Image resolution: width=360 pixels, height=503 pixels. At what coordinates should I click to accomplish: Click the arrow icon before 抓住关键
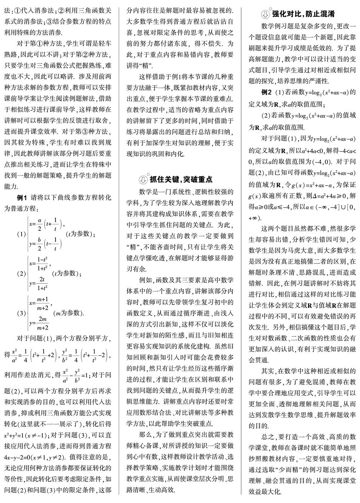tap(143, 179)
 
